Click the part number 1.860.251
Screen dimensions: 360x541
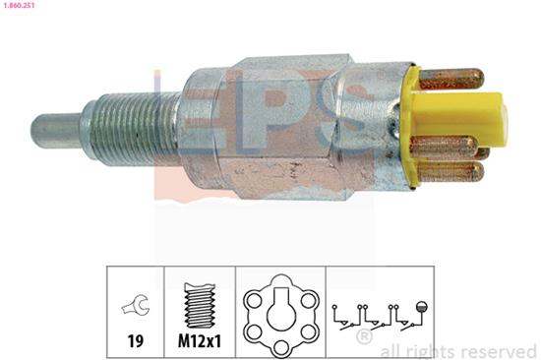point(23,7)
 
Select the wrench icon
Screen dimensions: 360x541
point(134,306)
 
